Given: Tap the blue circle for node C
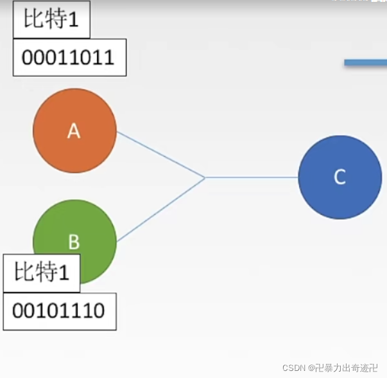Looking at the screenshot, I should point(340,177).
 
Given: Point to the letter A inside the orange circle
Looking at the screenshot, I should point(74,131).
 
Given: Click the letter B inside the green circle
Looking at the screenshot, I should point(74,242).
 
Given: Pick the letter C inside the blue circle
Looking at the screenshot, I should point(340,177).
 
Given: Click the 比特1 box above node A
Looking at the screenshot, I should point(51,21).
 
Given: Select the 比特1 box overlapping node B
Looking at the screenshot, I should point(42,273).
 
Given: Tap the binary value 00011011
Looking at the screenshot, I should point(67,58).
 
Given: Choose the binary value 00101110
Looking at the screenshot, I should point(58,311).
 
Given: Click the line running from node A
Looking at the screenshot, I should point(160,154).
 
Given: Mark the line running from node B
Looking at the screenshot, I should point(160,210).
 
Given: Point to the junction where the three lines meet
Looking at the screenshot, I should point(205,177).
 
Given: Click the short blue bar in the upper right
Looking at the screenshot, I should point(365,62).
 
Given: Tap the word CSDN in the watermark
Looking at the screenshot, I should point(293,367).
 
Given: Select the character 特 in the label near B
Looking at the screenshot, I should point(47,273).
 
